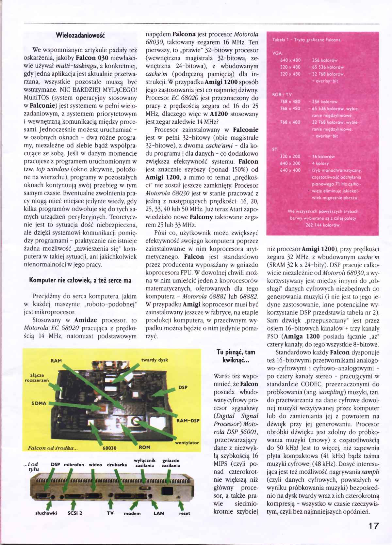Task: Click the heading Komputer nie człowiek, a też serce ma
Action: [x=80, y=280]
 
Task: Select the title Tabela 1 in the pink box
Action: [x=306, y=40]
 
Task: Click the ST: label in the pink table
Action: [x=275, y=150]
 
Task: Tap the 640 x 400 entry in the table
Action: [x=290, y=170]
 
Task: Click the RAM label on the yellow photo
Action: [x=56, y=361]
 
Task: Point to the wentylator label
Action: [x=187, y=443]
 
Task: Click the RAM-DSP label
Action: [x=188, y=421]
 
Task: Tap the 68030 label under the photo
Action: [x=109, y=448]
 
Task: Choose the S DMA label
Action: [x=39, y=403]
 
